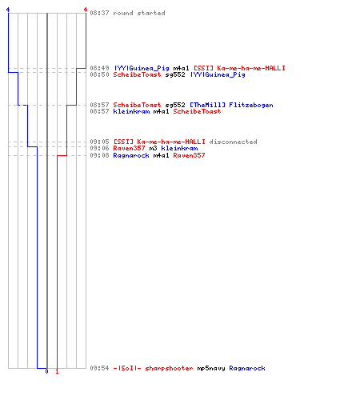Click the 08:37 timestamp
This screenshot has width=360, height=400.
click(x=99, y=13)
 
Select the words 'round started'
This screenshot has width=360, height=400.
click(x=139, y=13)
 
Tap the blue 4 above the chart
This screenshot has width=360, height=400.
click(x=8, y=10)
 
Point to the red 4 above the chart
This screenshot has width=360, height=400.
click(x=86, y=10)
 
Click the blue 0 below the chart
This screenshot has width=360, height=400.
click(x=46, y=371)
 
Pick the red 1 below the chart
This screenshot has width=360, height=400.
click(x=57, y=371)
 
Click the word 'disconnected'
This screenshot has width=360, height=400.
click(x=233, y=142)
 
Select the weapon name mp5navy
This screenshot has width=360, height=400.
click(x=211, y=368)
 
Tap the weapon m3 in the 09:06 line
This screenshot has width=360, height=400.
click(x=153, y=148)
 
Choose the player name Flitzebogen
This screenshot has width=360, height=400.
click(x=251, y=105)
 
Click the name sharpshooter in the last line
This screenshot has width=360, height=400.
click(x=169, y=368)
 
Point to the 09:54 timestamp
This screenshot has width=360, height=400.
click(x=99, y=368)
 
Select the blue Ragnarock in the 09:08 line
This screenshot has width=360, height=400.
click(x=131, y=155)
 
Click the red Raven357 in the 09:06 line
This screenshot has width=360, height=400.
click(x=129, y=148)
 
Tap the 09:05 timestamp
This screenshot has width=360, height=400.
click(x=99, y=142)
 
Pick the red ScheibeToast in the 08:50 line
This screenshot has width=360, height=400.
click(x=137, y=74)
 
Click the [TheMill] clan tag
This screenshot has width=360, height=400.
click(x=207, y=105)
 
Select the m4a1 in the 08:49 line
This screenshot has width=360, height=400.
click(x=181, y=68)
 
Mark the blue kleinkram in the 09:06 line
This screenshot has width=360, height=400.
click(x=179, y=148)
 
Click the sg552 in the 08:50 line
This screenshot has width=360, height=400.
click(x=175, y=74)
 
